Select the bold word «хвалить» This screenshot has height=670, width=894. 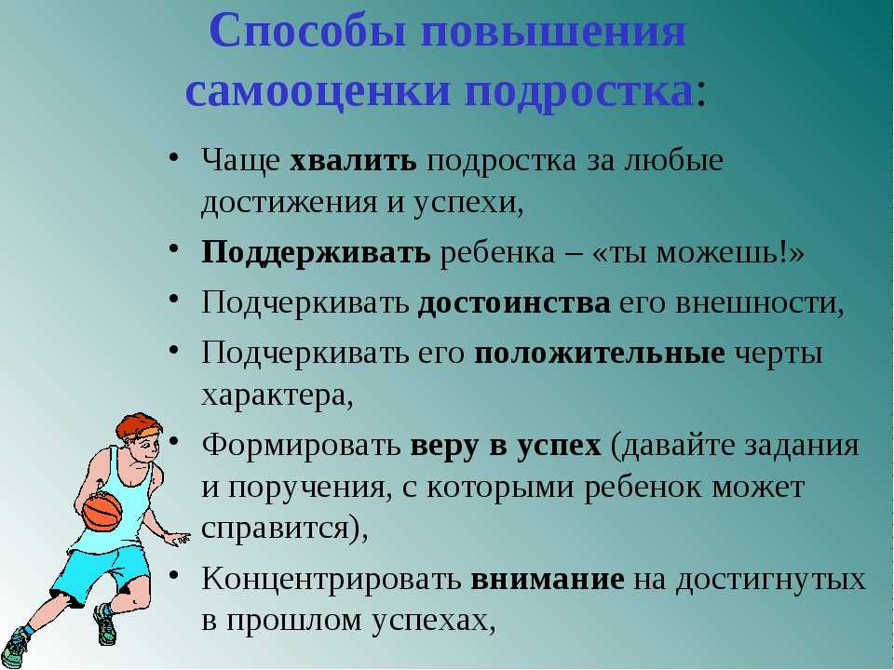pyautogui.click(x=353, y=161)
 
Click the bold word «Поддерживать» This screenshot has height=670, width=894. pyautogui.click(x=316, y=253)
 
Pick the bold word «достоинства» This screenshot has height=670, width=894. pyautogui.click(x=514, y=302)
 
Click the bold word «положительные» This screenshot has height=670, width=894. pyautogui.click(x=599, y=355)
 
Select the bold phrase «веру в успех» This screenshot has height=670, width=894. pyautogui.click(x=505, y=446)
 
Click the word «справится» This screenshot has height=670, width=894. pyautogui.click(x=275, y=529)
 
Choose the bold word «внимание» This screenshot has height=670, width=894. pyautogui.click(x=548, y=579)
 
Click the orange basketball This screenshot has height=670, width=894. pyautogui.click(x=102, y=511)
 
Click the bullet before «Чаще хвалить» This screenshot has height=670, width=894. pyautogui.click(x=174, y=156)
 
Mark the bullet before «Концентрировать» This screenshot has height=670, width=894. pyautogui.click(x=174, y=575)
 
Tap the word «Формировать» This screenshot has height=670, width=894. pyautogui.click(x=301, y=446)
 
